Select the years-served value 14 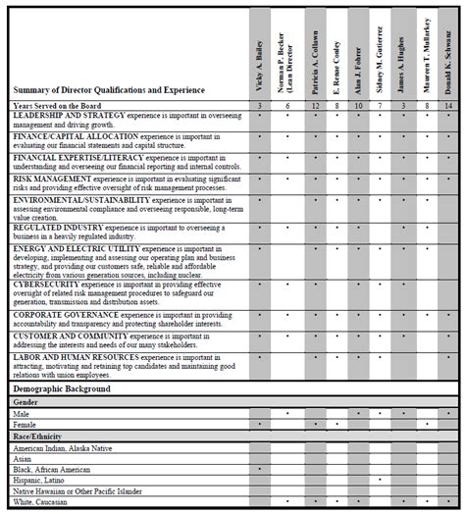450,104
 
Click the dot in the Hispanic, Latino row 379,482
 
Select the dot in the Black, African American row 258,470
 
